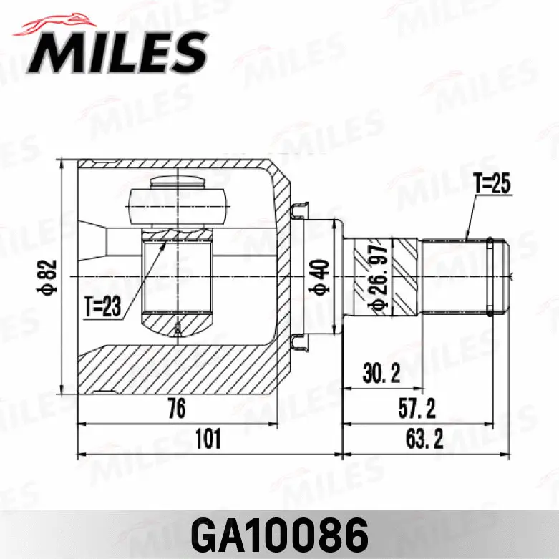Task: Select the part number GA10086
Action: click(x=279, y=533)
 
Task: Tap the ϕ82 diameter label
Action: click(x=48, y=277)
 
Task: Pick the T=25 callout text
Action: click(x=491, y=184)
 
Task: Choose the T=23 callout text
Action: click(x=102, y=307)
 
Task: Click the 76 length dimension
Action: click(x=176, y=409)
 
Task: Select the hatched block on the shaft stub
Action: click(x=407, y=277)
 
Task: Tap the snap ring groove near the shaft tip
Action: click(x=490, y=277)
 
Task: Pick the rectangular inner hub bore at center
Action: click(x=178, y=278)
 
